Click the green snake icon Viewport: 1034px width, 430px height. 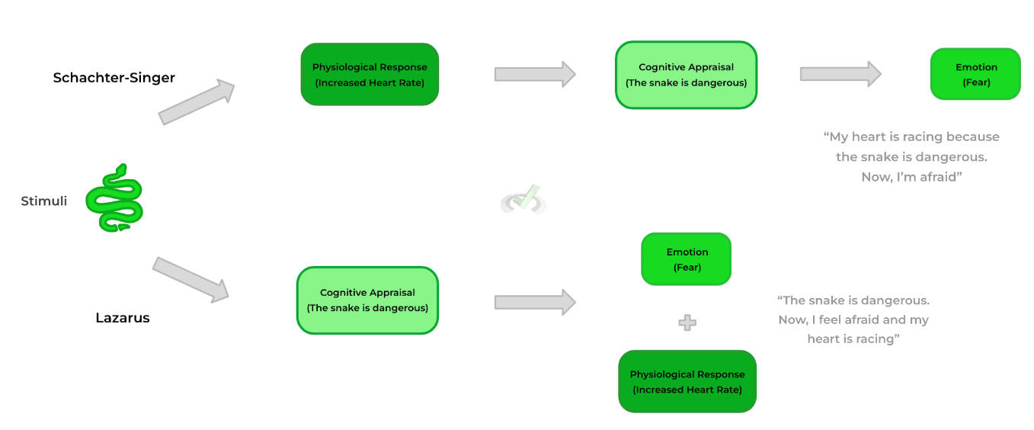coord(114,198)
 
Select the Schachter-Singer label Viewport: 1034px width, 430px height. coord(114,78)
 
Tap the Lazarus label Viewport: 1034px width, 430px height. coord(123,318)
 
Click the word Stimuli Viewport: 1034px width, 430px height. coord(44,201)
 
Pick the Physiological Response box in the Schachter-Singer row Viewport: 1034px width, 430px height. coord(370,74)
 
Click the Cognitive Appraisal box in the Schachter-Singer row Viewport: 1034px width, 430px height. coord(686,75)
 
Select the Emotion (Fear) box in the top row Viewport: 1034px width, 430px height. coord(975,74)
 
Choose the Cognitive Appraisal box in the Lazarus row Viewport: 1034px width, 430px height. coord(367,300)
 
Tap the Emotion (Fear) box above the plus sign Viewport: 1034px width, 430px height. coord(687,259)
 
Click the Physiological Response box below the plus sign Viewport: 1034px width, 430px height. coord(687,381)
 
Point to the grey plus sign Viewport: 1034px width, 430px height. coord(687,323)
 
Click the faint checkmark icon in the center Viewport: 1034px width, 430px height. coord(523,200)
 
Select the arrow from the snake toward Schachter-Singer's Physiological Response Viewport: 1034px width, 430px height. coord(197,102)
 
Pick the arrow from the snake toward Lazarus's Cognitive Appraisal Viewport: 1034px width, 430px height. coord(190,278)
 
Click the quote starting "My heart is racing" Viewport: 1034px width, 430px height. coord(911,156)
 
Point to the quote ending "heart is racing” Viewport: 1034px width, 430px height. coord(853,319)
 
